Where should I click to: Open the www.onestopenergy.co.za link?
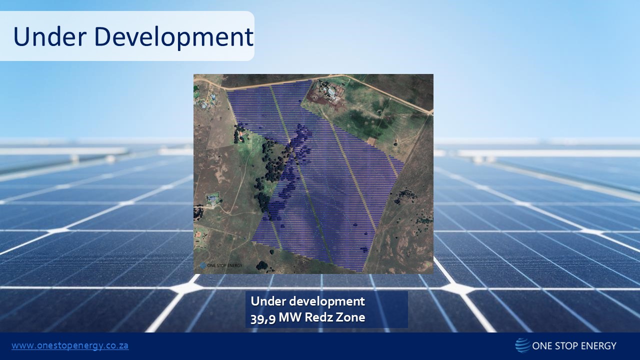70,345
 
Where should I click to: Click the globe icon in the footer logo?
522,345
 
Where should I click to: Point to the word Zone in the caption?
352,317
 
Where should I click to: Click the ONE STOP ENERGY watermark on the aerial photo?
220,265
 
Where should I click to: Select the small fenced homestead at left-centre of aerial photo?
213,200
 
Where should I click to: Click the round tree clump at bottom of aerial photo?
261,265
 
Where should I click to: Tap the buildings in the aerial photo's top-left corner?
206,100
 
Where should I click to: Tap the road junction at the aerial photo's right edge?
429,113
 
